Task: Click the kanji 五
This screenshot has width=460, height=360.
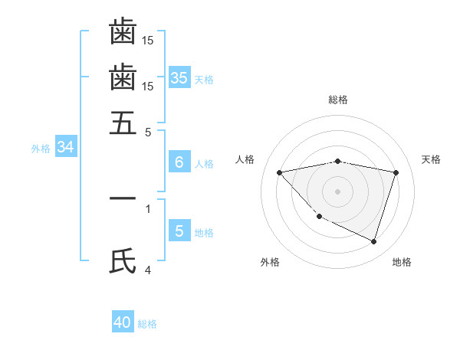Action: (123, 122)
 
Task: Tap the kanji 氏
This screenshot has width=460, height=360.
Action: (123, 261)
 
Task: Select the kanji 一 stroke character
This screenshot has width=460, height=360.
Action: (123, 198)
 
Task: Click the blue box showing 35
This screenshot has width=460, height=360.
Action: (179, 77)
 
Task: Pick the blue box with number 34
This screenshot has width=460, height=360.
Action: (65, 147)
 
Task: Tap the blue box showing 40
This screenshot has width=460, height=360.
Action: (123, 322)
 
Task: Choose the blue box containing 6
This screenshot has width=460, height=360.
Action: (179, 162)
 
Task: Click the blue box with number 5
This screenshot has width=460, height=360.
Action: (179, 231)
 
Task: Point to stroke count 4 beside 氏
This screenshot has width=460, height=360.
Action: (149, 270)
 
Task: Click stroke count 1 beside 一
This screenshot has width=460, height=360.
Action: (148, 208)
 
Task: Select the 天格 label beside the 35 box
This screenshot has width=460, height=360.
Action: (204, 80)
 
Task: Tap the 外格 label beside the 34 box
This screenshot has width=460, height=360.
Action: (41, 149)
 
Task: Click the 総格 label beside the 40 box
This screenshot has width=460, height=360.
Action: (147, 324)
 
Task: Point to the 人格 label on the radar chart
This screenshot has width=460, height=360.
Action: (245, 159)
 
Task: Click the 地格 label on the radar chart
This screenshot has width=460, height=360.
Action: (402, 262)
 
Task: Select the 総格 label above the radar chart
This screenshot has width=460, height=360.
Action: (338, 100)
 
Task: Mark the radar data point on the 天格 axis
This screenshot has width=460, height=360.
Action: (396, 172)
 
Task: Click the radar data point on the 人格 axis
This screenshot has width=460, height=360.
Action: (279, 172)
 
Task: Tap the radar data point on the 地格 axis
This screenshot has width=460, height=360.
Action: (374, 241)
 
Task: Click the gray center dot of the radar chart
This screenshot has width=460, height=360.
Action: (338, 191)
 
